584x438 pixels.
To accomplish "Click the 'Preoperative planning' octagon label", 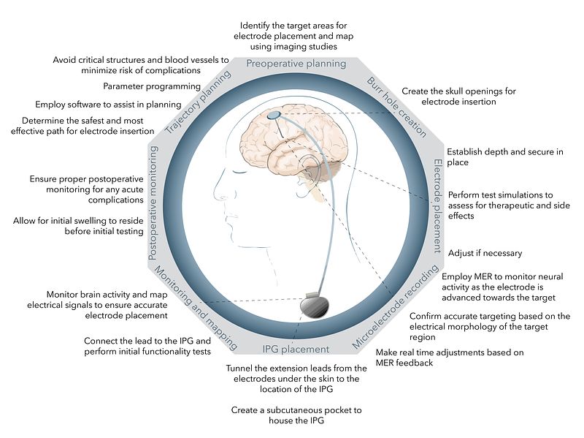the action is pyautogui.click(x=296, y=64).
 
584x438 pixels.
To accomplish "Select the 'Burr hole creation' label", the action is pyautogui.click(x=396, y=107).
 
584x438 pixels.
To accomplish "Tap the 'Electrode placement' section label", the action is pyautogui.click(x=437, y=206).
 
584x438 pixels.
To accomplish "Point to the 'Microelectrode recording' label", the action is pyautogui.click(x=395, y=307).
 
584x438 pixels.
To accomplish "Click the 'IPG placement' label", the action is pyautogui.click(x=296, y=350).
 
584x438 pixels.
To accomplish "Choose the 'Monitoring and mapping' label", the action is pyautogui.click(x=196, y=308).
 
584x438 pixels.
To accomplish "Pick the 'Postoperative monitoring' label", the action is pyautogui.click(x=153, y=203).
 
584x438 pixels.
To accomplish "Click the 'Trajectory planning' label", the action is pyautogui.click(x=198, y=102).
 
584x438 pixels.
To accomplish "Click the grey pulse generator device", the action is pyautogui.click(x=315, y=305).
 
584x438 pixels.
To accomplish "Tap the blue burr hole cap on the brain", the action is pyautogui.click(x=274, y=115).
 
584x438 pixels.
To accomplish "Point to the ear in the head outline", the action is pyautogui.click(x=309, y=168).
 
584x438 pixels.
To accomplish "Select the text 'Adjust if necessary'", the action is pyautogui.click(x=485, y=253).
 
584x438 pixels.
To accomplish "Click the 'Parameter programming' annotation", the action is pyautogui.click(x=152, y=86).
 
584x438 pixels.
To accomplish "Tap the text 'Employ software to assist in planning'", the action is pyautogui.click(x=108, y=105).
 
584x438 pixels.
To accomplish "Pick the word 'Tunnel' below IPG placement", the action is pyautogui.click(x=239, y=369).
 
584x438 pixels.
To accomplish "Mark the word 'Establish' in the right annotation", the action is pyautogui.click(x=464, y=152).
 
